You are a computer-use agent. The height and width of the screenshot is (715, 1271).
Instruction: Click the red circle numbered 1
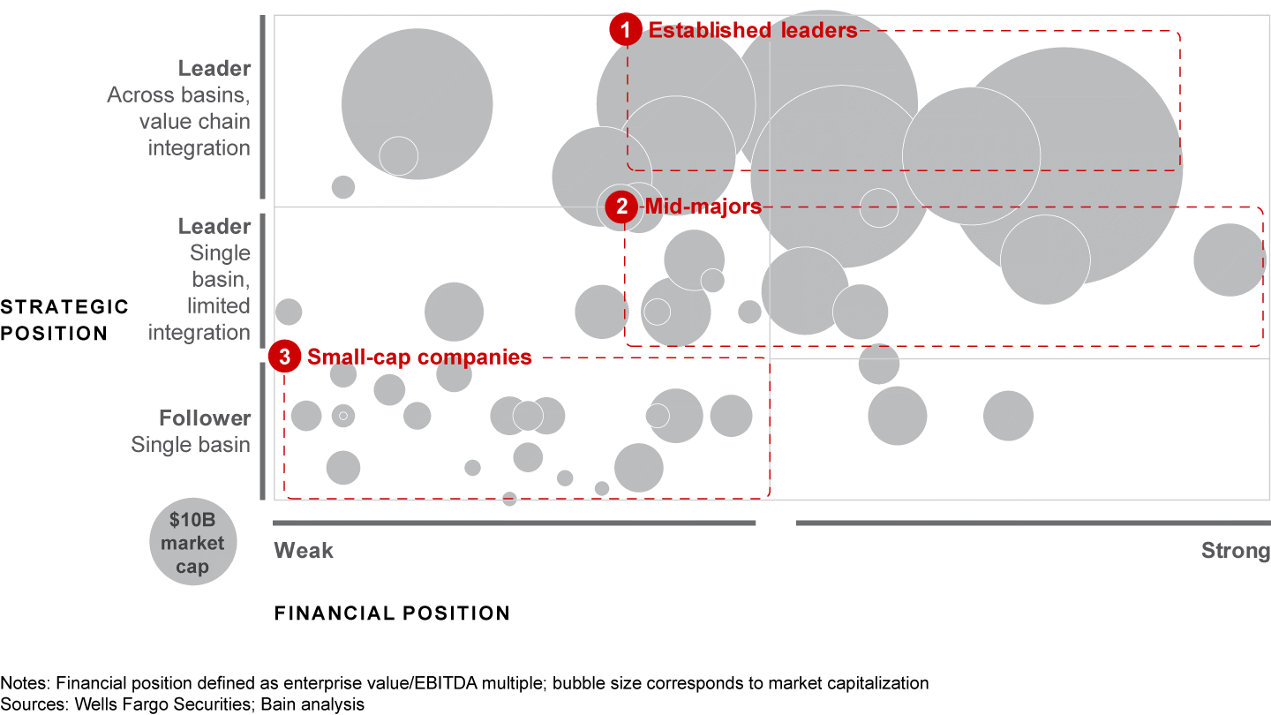tap(626, 30)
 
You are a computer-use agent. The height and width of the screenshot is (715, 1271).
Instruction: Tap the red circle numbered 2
tap(621, 207)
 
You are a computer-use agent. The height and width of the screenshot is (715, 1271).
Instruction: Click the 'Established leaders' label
tap(753, 30)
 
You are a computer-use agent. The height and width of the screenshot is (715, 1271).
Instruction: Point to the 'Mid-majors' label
tap(703, 207)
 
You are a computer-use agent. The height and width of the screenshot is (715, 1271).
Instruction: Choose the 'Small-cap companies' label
tap(419, 357)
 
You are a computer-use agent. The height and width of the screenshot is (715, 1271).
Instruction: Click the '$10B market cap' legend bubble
tap(192, 543)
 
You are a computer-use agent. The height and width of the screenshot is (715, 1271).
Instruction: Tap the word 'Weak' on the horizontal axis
tap(304, 551)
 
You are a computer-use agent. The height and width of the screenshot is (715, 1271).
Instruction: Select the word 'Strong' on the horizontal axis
tap(1235, 551)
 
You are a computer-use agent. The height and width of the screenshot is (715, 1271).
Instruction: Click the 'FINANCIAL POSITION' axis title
tap(392, 613)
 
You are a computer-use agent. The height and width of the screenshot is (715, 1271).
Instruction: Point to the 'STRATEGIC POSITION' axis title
tap(64, 320)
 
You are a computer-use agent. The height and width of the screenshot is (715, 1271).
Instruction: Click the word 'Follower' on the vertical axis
tap(205, 418)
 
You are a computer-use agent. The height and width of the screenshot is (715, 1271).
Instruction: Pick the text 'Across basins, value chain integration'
tap(179, 121)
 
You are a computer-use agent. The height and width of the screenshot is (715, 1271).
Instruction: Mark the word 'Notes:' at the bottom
tap(21, 683)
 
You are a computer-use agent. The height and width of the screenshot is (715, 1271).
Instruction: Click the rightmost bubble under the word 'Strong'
tap(1230, 260)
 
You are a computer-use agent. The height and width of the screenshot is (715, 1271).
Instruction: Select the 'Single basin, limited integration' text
tap(199, 292)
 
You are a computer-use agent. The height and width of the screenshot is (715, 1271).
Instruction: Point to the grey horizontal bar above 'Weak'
tap(514, 523)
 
